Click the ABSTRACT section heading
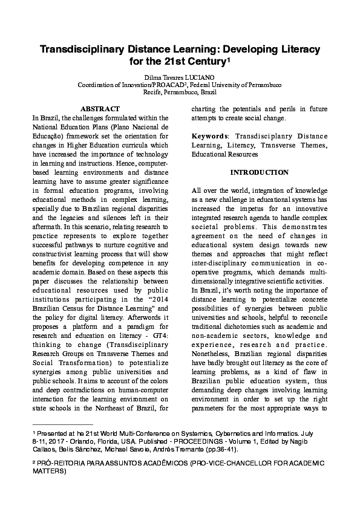tap(100, 108)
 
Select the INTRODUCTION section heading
tap(259, 172)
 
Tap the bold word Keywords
tap(210, 136)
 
